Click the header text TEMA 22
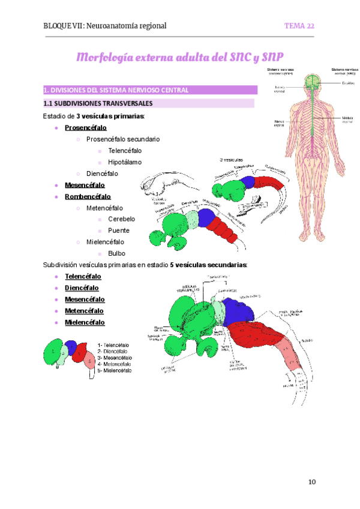299,26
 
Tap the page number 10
311,482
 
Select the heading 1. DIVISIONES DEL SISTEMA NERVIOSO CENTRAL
116,91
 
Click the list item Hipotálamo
125,162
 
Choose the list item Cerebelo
121,219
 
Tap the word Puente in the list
118,230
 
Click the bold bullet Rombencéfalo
88,196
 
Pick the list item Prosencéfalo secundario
123,139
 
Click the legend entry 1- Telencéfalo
113,346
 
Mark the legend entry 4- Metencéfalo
114,364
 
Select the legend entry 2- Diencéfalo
112,352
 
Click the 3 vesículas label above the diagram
231,160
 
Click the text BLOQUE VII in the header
64,26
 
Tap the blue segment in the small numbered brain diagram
71,347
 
